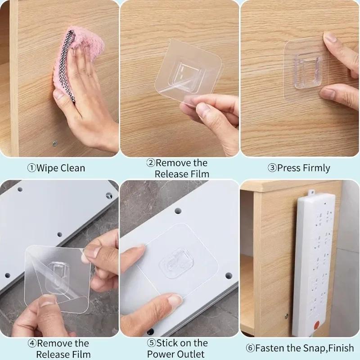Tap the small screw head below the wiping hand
(x=55, y=144)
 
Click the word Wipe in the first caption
(x=47, y=168)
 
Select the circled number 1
(x=31, y=168)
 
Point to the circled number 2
(x=151, y=163)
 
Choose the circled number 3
(x=272, y=168)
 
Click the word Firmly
(x=313, y=168)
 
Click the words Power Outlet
(x=176, y=354)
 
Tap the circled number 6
(x=250, y=348)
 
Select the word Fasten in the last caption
(x=270, y=348)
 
